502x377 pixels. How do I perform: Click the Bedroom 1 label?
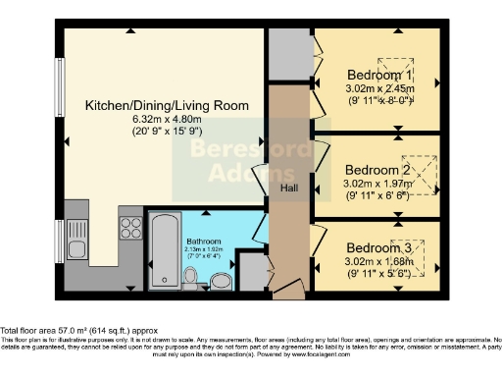click(378, 75)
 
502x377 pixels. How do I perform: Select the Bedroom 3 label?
click(378, 249)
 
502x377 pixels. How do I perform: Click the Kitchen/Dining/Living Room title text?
click(167, 105)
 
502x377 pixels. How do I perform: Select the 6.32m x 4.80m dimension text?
click(167, 120)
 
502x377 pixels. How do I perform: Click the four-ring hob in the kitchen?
click(130, 228)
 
